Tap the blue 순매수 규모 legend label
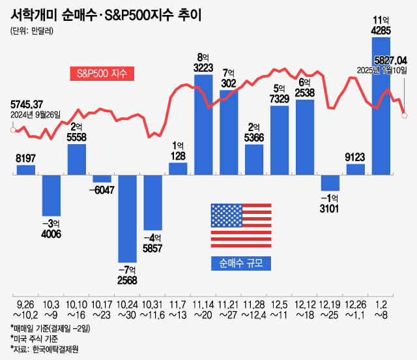[x=240, y=263]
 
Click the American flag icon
[x=240, y=225]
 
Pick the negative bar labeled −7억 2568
[x=127, y=218]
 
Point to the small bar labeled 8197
[x=25, y=170]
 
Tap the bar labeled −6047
[x=102, y=178]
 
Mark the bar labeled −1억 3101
[x=330, y=183]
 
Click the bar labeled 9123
[x=356, y=170]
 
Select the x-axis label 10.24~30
[x=127, y=309]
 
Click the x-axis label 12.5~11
[x=280, y=309]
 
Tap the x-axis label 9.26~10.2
[x=25, y=309]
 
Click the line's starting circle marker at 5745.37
[x=13, y=130]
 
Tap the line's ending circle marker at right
[x=405, y=115]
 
